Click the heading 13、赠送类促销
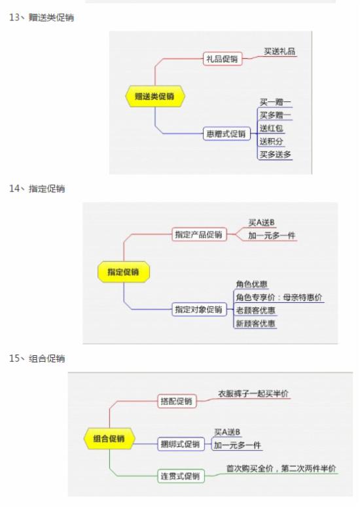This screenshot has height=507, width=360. click(41, 17)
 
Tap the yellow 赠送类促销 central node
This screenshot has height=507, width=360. click(155, 96)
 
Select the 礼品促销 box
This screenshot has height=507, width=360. click(222, 59)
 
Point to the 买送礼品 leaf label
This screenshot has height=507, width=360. click(279, 51)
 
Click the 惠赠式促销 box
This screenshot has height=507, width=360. click(226, 133)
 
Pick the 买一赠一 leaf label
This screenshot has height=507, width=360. click(276, 102)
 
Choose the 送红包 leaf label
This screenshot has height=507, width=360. click(272, 128)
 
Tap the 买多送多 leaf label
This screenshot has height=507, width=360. click(276, 154)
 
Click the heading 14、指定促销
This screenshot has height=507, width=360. click(37, 188)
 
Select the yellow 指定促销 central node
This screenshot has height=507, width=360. click(124, 271)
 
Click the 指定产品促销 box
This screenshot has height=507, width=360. click(199, 234)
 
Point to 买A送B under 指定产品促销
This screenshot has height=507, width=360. click(261, 222)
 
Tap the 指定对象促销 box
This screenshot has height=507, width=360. click(199, 309)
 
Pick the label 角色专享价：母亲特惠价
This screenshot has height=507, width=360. click(279, 298)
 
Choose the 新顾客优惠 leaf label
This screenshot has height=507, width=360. click(255, 323)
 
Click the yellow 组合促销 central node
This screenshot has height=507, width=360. click(109, 438)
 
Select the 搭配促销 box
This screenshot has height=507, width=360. click(177, 401)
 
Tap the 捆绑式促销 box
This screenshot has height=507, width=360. click(181, 444)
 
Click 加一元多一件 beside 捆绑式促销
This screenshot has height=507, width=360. click(238, 446)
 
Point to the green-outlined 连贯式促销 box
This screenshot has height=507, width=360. click(181, 476)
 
